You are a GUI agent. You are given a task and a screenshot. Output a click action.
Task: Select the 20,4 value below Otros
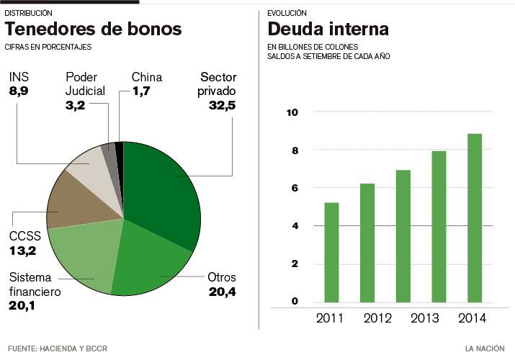pyautogui.click(x=221, y=292)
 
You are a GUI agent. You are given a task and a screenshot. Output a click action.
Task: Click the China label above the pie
pyautogui.click(x=146, y=77)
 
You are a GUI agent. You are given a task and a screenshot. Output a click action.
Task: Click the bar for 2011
pyautogui.click(x=331, y=252)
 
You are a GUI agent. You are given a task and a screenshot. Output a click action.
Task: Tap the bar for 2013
pyautogui.click(x=438, y=226)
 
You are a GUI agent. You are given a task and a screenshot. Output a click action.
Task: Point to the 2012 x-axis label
pyautogui.click(x=377, y=318)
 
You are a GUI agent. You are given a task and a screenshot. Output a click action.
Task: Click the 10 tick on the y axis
pyautogui.click(x=292, y=112)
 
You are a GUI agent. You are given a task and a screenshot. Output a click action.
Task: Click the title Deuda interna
pyautogui.click(x=328, y=30)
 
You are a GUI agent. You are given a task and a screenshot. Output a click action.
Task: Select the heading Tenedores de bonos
pyautogui.click(x=94, y=30)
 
